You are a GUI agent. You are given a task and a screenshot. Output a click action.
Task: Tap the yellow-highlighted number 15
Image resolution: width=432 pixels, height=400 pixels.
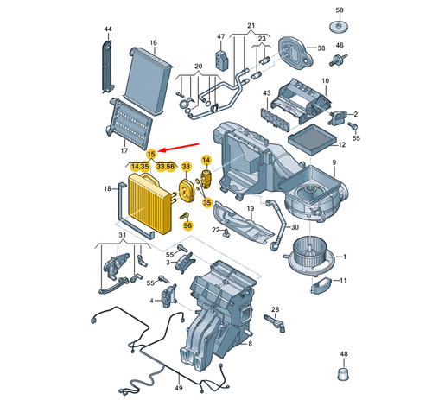pyautogui.click(x=150, y=153)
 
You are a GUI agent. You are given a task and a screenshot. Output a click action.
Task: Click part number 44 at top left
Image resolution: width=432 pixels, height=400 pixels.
pyautogui.click(x=108, y=29)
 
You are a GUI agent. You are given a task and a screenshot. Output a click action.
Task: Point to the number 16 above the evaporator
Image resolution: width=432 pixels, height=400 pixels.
pyautogui.click(x=152, y=42)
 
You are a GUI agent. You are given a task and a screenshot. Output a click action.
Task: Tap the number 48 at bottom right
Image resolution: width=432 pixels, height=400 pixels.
pyautogui.click(x=343, y=355)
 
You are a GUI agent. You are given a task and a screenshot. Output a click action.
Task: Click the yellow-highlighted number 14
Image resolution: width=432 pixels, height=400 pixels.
pyautogui.click(x=206, y=160)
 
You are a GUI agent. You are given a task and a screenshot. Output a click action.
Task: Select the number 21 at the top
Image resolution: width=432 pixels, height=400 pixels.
pyautogui.click(x=251, y=26)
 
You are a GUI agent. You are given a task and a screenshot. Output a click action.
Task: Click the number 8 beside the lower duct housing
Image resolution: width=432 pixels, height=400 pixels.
pyautogui.click(x=248, y=345)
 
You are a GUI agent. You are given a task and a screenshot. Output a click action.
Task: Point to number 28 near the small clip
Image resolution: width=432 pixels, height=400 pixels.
pyautogui.click(x=275, y=308)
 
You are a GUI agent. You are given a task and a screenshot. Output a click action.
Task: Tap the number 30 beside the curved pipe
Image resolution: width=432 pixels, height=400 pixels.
pyautogui.click(x=295, y=228)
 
